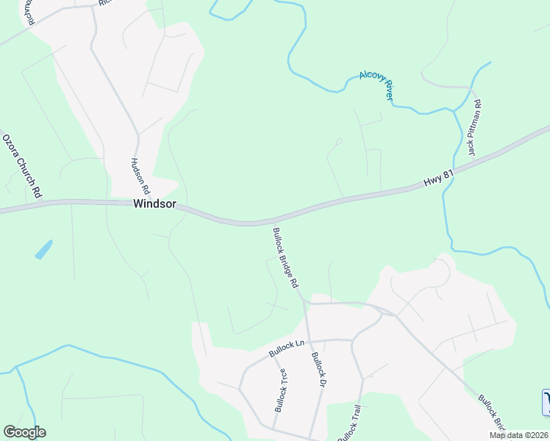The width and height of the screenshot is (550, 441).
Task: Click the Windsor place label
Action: (x=154, y=204)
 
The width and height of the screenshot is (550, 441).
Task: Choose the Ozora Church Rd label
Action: (x=21, y=166)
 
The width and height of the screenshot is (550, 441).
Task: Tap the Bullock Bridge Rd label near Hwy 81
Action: (x=285, y=257)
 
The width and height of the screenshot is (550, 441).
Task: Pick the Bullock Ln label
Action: (x=286, y=348)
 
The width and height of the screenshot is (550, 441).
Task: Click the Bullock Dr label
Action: (x=318, y=369)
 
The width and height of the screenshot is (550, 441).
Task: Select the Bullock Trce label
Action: (x=280, y=389)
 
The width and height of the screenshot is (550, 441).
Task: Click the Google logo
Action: (x=24, y=432)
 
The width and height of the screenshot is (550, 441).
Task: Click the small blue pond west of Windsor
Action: (x=43, y=249)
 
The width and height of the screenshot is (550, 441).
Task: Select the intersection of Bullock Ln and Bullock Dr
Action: (x=309, y=340)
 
